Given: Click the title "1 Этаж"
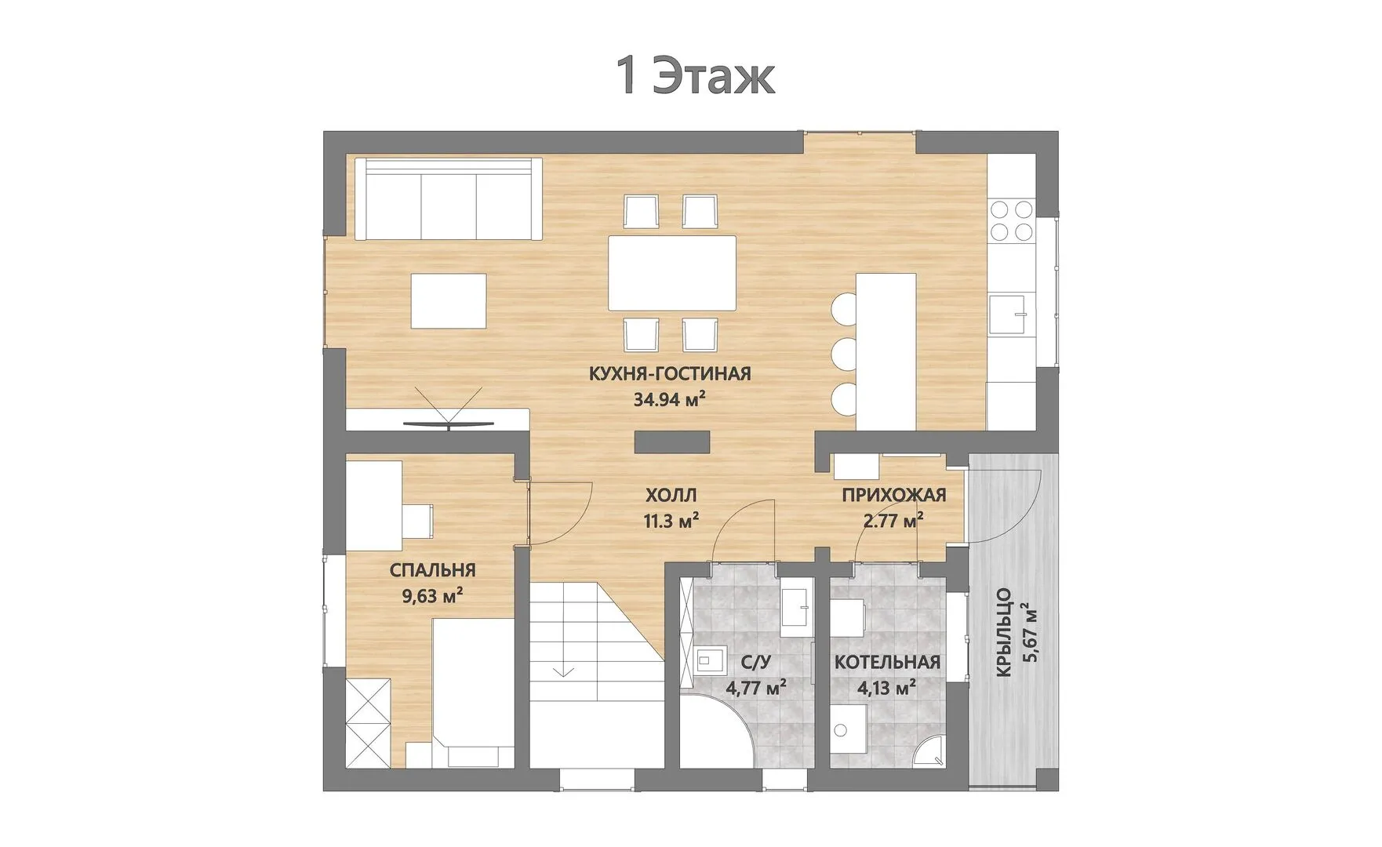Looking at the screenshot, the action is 696,77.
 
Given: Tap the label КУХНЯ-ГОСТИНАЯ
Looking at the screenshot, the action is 670,373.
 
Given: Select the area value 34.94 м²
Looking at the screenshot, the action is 670,399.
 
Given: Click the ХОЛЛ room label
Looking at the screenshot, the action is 671,495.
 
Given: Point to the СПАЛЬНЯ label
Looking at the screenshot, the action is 432,570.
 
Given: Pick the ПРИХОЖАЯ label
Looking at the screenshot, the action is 894,495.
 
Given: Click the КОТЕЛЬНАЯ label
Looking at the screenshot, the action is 887,662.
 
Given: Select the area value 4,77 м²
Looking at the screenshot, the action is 757,689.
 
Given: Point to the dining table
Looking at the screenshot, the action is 672,273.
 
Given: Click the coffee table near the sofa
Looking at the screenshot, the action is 449,300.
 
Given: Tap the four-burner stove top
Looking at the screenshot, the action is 1011,220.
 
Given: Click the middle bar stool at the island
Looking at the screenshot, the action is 844,352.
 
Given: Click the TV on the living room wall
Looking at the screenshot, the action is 449,423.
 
